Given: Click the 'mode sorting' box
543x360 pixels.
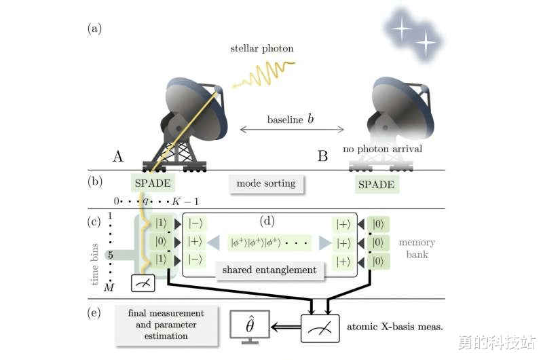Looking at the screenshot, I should [265, 183].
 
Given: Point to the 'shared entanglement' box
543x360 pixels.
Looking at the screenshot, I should [270, 270].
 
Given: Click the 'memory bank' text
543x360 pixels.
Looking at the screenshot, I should [417, 249].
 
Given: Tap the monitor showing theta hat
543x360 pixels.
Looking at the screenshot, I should [250, 328].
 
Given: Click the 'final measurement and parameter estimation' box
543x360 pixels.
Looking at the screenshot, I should [165, 325].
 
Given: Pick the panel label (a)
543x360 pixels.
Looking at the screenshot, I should [94, 29].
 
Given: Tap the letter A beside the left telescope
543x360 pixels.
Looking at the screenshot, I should [118, 157].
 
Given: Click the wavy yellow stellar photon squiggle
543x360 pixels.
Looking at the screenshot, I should [264, 74].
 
